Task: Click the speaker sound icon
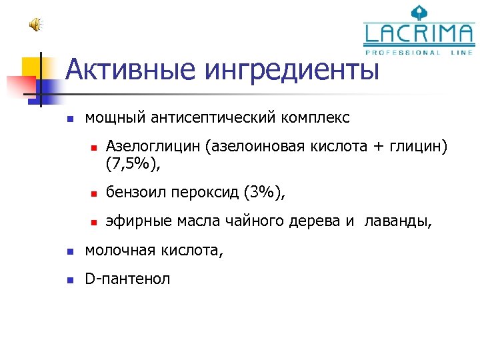[35, 25]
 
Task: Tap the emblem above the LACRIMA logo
[419, 11]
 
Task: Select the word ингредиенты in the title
[291, 69]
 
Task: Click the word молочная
[117, 251]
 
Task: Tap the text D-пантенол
[127, 279]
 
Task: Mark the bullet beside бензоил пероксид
[94, 195]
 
